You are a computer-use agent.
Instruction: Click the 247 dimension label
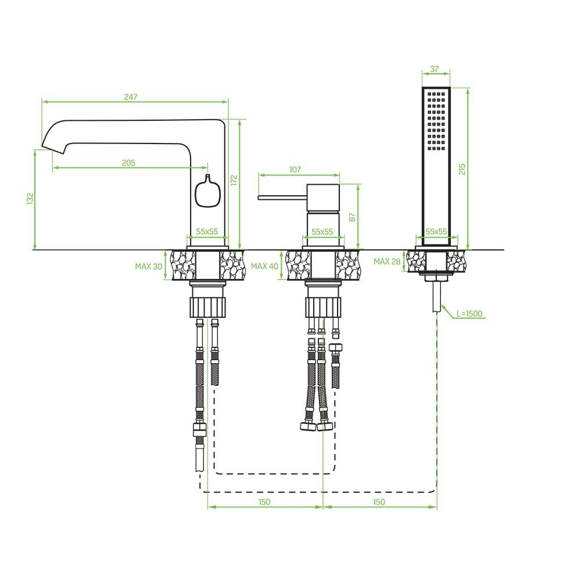tap(130, 97)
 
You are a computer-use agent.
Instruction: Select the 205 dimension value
tap(128, 163)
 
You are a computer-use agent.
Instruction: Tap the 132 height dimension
tap(30, 198)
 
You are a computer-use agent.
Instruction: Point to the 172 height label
tap(234, 181)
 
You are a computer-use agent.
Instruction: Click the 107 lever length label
tap(295, 170)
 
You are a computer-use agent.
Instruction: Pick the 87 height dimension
tap(353, 217)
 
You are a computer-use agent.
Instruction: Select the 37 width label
tap(435, 69)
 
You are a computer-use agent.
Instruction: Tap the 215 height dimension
tap(462, 169)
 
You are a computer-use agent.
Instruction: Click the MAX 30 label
tap(149, 267)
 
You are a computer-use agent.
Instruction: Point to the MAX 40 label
tap(264, 266)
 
